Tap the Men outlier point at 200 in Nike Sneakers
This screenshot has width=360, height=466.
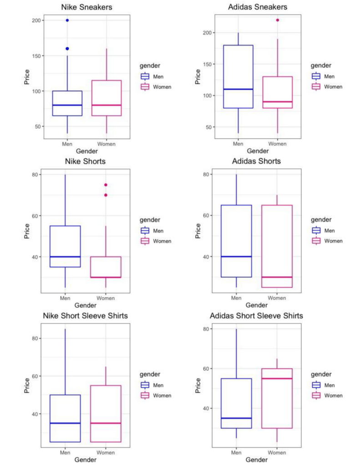(x=67, y=20)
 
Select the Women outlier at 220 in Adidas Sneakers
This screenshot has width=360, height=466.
(x=277, y=20)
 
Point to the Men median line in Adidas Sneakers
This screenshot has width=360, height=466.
(x=236, y=89)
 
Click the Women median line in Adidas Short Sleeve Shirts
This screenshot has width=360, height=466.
(x=277, y=379)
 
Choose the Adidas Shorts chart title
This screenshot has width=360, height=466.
(x=256, y=162)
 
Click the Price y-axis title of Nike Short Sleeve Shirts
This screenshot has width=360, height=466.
(x=27, y=385)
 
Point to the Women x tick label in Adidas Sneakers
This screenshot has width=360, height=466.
(x=277, y=144)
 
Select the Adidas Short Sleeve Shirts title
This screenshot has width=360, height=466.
(x=256, y=316)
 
